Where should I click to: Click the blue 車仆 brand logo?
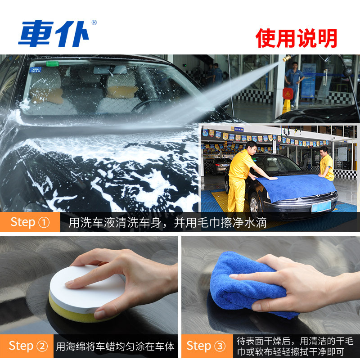pos(53,34)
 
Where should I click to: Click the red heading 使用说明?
pos(296,38)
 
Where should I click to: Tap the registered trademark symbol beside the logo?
pos(94,22)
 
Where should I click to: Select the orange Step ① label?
pos(30,222)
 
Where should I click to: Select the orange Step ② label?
pos(27,346)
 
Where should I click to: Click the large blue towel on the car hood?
pos(296,187)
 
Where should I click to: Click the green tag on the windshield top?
pos(52,63)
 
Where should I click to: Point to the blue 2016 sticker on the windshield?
pos(36,70)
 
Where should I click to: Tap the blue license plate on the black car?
pos(321,207)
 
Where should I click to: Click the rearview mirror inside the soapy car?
pos(110,70)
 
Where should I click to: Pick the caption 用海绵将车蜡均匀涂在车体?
pos(115,346)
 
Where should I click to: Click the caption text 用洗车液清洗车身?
pos(115,222)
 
